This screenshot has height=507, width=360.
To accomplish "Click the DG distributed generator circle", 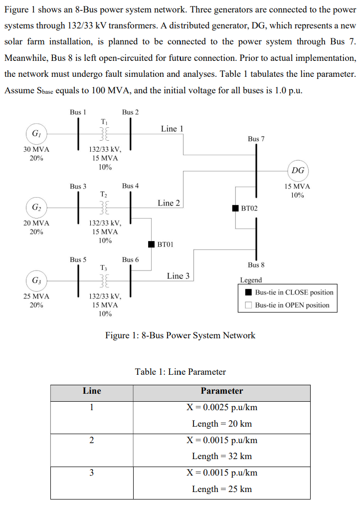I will tap(298, 170).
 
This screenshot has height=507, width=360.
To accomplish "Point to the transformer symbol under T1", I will tap(104, 134).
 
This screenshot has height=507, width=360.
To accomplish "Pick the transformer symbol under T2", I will tap(104, 207).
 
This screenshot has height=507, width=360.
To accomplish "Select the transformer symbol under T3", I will tap(104, 280).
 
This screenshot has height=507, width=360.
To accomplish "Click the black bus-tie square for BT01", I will tap(152, 244).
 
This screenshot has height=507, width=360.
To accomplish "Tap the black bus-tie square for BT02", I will tap(235, 207).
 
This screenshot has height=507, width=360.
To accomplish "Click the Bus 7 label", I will tap(256, 138).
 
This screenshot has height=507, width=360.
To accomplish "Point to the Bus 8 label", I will tap(256, 264).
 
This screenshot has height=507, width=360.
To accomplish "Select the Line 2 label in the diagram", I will tap(169, 203).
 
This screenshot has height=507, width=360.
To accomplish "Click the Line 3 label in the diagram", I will tap(178, 276).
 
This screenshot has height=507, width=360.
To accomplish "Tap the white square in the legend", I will tap(248, 305).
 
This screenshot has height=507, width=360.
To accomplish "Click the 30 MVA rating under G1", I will tap(36, 149).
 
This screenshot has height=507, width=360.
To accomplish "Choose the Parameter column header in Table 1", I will tap(221, 391).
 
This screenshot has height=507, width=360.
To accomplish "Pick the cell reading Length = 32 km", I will tap(221, 456).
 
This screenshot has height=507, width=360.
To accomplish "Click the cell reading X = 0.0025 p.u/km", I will tap(221, 407).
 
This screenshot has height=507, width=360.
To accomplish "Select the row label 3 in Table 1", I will tap(91, 473).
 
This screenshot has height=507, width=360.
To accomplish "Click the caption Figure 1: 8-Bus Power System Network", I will tap(180, 335).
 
